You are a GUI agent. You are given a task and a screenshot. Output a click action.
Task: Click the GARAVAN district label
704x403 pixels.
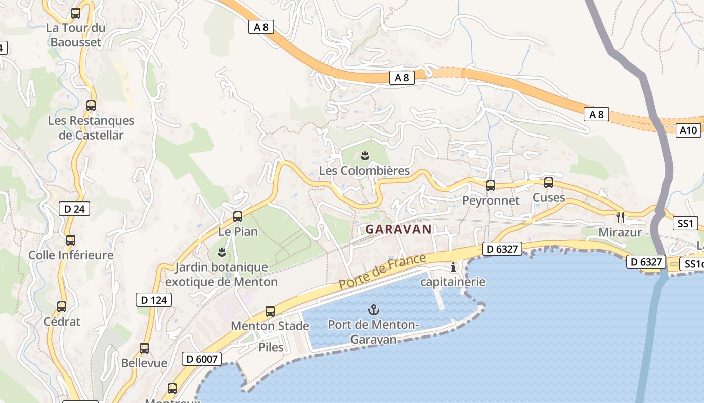398,229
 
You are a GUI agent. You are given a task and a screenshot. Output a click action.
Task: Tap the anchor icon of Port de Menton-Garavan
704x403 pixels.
373,309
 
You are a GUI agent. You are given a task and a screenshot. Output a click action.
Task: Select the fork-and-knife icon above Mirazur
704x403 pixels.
620,217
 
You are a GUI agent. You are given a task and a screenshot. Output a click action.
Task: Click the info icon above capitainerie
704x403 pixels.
453,267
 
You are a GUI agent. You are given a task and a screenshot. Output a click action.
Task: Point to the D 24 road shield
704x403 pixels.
75,209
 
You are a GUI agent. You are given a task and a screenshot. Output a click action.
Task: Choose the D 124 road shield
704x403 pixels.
154,300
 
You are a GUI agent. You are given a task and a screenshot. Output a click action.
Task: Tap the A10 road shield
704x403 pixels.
688,130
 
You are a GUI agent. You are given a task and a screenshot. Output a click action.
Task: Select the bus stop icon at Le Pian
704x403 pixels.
238,217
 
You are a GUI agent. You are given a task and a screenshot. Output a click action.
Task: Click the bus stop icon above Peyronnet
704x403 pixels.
491,185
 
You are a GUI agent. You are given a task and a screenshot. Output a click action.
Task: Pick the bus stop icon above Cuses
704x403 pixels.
549,183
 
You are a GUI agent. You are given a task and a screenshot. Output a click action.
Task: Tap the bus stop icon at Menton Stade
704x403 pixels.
270,311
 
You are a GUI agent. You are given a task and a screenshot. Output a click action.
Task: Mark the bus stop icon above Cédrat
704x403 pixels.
62,306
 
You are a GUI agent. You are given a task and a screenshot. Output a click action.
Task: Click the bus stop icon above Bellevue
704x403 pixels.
144,348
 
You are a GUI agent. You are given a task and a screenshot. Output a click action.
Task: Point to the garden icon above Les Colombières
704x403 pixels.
365,155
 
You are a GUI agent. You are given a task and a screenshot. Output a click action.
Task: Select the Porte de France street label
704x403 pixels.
382,272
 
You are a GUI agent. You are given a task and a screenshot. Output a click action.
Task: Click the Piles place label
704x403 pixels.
271,347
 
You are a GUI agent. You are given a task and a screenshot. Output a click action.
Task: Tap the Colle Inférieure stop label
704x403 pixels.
71,255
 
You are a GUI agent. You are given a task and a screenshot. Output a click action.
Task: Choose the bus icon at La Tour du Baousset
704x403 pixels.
76,13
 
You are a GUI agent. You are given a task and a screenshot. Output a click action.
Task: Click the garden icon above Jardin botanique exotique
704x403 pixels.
221,251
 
